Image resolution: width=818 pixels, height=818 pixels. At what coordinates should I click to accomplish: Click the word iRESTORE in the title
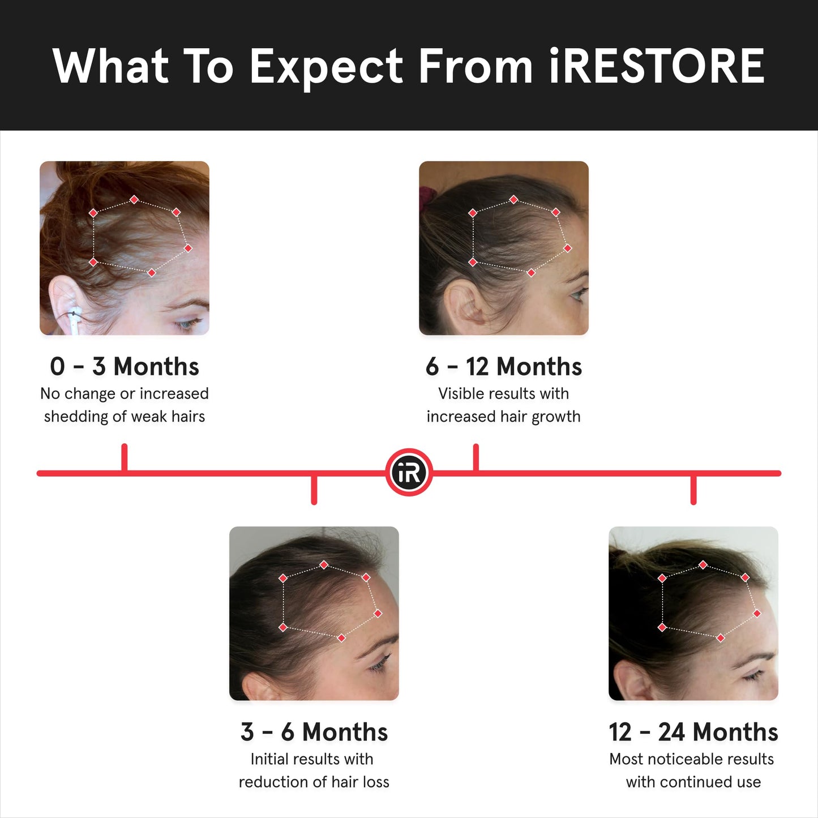pos(657,66)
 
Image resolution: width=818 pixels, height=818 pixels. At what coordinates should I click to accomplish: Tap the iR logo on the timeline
pos(409,473)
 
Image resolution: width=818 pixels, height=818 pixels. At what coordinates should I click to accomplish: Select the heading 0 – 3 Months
pos(125,366)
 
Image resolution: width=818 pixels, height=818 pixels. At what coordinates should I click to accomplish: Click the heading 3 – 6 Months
pos(314,732)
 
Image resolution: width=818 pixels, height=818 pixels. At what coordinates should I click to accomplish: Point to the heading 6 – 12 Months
pos(504,366)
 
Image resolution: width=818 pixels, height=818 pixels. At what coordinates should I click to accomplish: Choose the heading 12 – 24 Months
pos(693,732)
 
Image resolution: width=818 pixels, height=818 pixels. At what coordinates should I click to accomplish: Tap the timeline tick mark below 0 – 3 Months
pos(125,457)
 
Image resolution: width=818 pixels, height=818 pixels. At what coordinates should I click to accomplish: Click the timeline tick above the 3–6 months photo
pos(314,489)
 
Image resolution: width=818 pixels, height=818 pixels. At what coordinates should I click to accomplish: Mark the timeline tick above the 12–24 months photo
pos(693,489)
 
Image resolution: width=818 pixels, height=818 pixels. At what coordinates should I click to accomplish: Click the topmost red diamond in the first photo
pos(134,200)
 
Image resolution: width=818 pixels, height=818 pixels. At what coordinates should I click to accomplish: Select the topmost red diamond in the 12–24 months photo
pos(703,565)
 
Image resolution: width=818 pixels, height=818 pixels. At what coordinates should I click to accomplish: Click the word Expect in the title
pos(326,66)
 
